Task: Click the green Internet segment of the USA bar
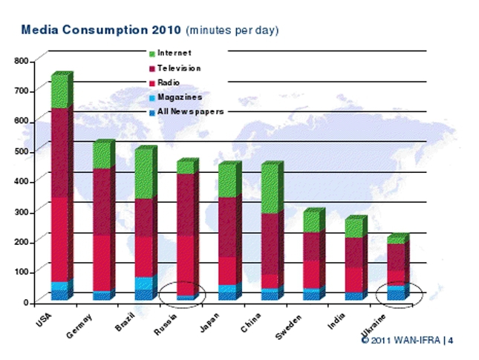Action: click(x=60, y=91)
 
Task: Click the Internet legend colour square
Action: click(x=152, y=53)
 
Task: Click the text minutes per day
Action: click(x=232, y=31)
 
